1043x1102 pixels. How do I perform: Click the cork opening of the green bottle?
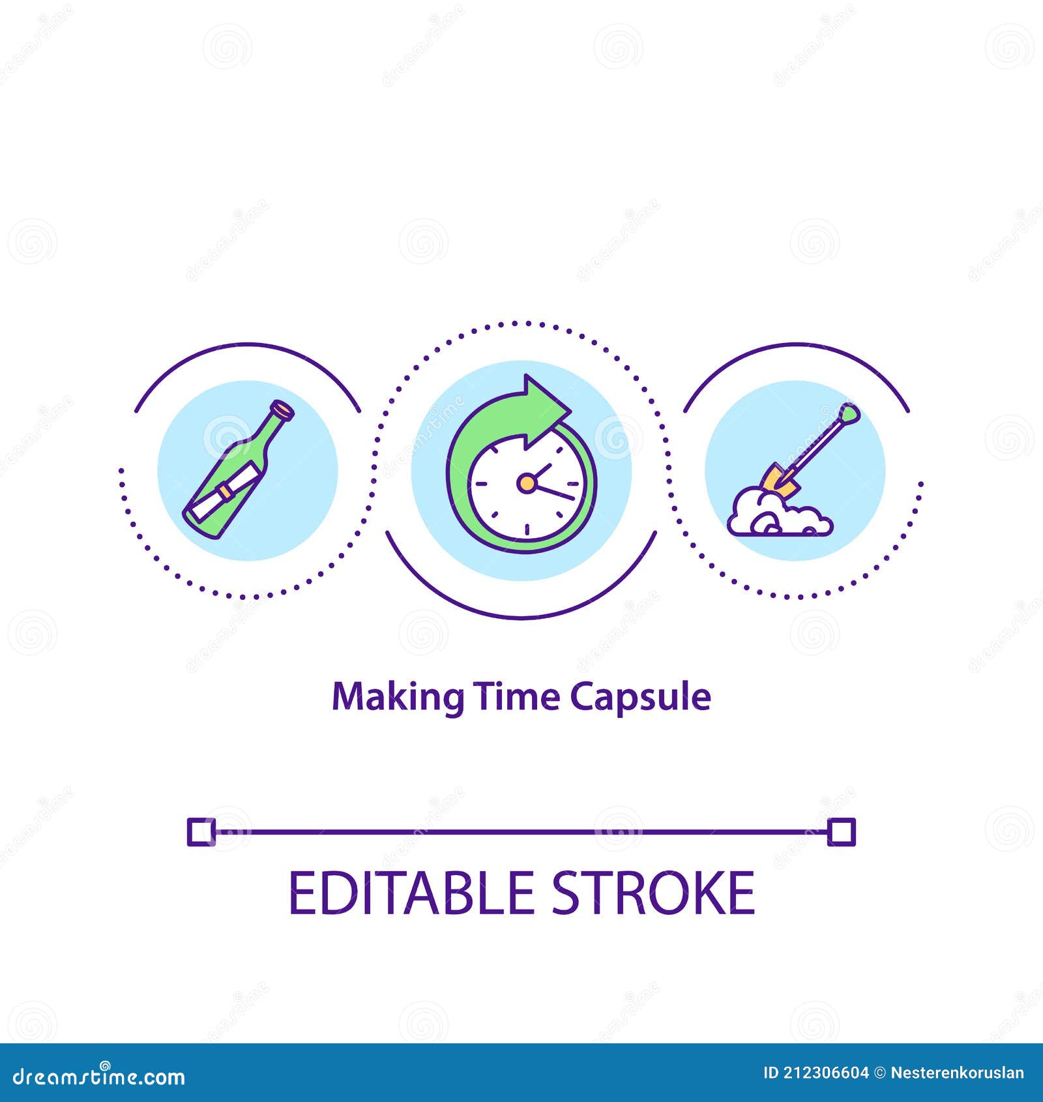click(x=284, y=410)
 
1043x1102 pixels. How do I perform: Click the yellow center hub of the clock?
click(x=525, y=483)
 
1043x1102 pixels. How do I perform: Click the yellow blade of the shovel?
click(x=780, y=481)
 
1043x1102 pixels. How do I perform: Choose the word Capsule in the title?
click(x=640, y=698)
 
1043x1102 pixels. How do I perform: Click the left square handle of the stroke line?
click(x=201, y=832)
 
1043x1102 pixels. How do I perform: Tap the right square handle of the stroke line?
click(x=841, y=832)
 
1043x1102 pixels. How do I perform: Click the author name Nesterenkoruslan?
click(x=957, y=1073)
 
